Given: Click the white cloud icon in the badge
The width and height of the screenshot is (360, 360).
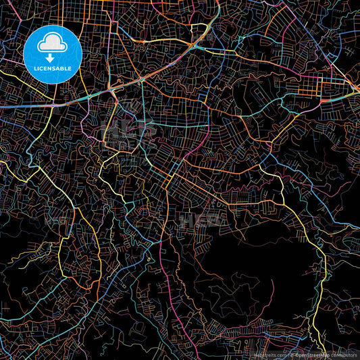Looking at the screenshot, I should coord(51,42).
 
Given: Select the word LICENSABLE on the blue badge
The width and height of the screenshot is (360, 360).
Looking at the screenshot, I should coord(51,69).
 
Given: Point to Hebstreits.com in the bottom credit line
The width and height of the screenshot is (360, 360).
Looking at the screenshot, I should coord(268,354).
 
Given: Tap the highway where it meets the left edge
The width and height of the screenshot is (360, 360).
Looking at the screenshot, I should coord(3,106).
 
